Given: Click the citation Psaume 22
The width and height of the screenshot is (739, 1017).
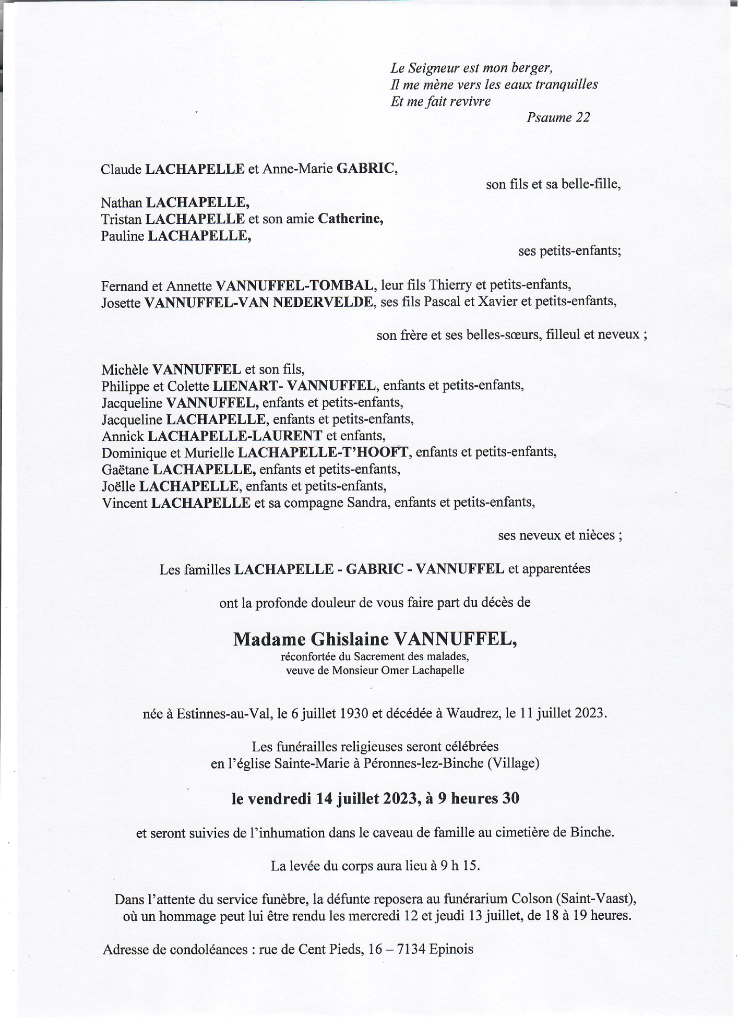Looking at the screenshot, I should (558, 117).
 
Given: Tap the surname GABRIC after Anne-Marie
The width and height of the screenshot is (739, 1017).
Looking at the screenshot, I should (365, 169).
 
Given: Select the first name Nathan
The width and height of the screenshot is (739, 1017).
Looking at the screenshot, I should (121, 202).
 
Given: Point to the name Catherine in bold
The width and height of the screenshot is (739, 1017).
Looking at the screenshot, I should (350, 219).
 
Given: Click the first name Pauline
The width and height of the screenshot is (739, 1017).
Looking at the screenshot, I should (123, 236).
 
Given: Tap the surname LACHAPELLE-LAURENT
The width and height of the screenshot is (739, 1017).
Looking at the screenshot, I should (235, 436).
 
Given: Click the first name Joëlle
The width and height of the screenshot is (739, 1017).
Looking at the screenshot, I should (118, 486).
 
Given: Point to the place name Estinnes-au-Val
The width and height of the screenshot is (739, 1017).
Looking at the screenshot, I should (225, 713).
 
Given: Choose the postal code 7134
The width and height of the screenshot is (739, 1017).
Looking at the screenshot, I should (411, 949).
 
